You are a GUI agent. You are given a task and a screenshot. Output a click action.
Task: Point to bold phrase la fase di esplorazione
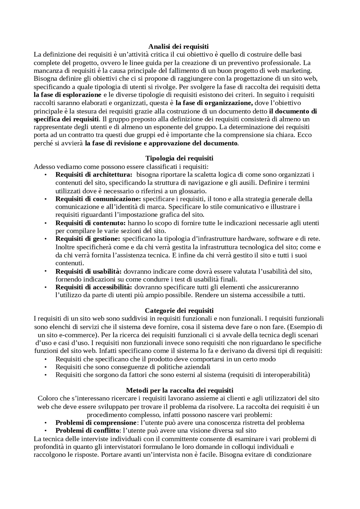click(67, 95)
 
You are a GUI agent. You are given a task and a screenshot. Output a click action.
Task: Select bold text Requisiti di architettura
click(94, 175)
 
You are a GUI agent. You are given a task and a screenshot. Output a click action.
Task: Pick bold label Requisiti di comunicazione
click(98, 199)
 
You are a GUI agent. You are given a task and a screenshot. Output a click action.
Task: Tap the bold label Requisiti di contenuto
click(91, 223)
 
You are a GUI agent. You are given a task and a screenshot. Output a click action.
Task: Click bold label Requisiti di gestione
click(88, 239)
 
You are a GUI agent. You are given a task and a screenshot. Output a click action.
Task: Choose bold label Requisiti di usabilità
click(88, 272)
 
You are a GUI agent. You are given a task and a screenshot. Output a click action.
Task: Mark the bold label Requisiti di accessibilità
click(94, 287)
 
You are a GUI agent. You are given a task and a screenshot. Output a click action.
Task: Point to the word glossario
click(191, 191)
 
